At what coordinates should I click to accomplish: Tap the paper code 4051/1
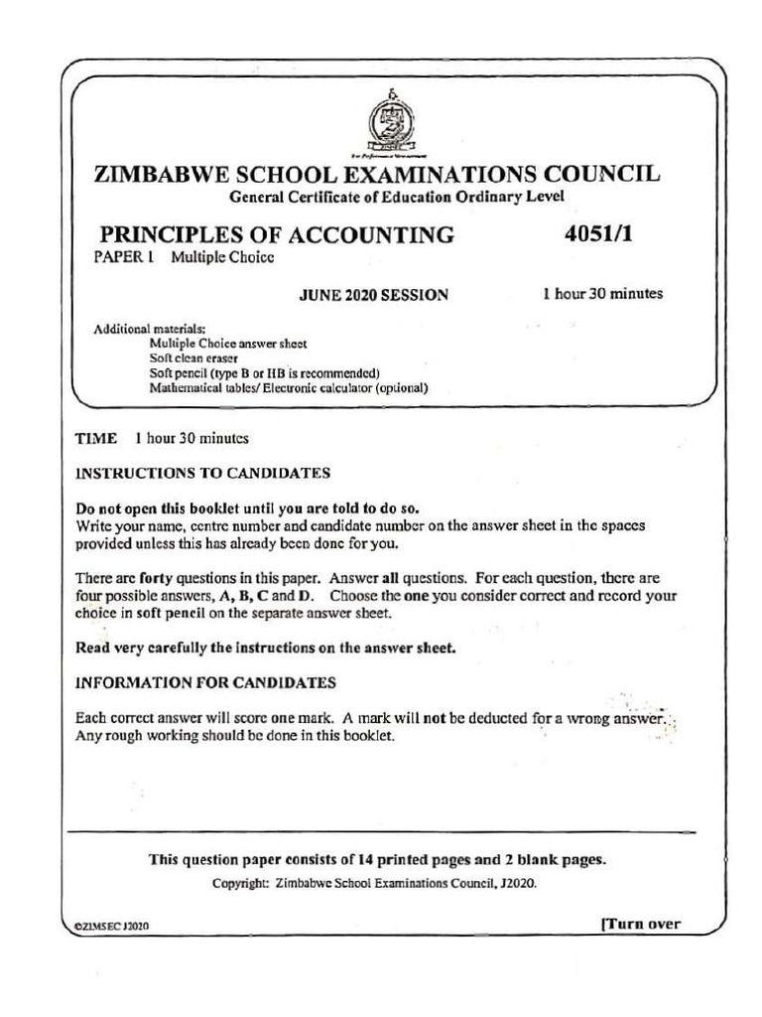(x=597, y=235)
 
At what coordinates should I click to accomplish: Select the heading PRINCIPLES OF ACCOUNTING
(x=278, y=235)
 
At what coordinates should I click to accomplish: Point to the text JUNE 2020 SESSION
(x=373, y=295)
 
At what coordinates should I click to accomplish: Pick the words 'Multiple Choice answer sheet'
(x=228, y=344)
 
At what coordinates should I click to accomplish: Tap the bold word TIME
(x=96, y=438)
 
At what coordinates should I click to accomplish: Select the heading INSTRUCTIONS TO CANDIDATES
(x=203, y=473)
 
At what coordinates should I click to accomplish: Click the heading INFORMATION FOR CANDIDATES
(x=206, y=683)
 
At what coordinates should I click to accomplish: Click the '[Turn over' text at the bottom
(x=641, y=924)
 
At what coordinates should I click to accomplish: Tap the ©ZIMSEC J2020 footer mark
(x=112, y=926)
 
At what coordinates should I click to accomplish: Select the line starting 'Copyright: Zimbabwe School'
(x=375, y=883)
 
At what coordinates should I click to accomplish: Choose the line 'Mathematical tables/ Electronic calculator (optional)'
(x=289, y=388)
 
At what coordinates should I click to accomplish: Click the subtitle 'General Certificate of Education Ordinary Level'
(x=397, y=197)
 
